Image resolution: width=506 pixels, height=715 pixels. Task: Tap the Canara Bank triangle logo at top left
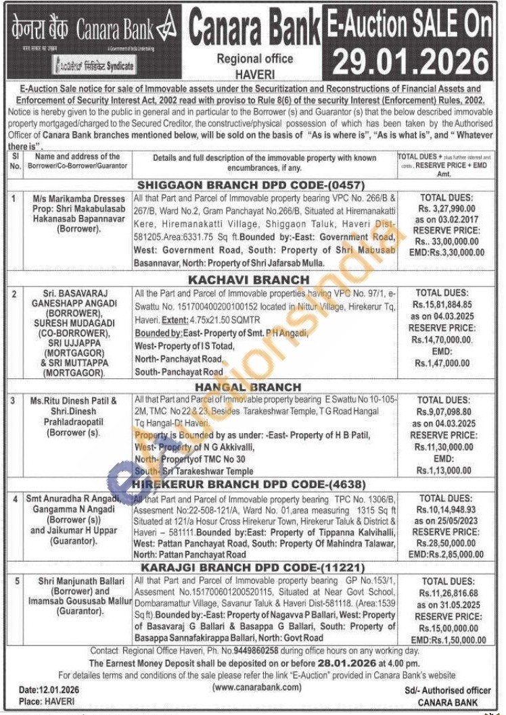[164, 30]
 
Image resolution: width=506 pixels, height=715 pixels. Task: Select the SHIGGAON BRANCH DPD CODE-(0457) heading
[252, 184]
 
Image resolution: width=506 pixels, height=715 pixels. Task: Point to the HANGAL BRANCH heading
[248, 387]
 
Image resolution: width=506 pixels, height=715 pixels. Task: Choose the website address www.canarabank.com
[256, 687]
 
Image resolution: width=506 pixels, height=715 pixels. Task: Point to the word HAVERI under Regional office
[254, 70]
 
